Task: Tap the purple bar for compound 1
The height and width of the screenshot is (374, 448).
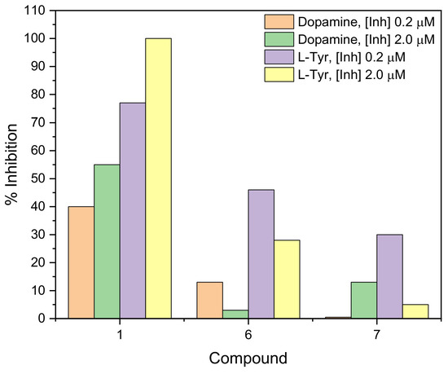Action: (133, 211)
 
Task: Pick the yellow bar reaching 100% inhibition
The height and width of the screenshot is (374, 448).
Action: (158, 178)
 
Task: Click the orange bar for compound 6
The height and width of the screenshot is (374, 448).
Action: (209, 300)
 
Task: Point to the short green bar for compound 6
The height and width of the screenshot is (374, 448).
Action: (235, 315)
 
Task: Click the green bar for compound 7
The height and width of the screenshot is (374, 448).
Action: (363, 300)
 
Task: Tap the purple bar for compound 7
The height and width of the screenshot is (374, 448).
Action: (389, 276)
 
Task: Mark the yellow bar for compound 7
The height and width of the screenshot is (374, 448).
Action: (415, 311)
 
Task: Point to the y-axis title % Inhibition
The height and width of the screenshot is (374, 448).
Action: (11, 165)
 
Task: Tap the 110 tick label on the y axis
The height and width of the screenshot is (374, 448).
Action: (32, 11)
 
